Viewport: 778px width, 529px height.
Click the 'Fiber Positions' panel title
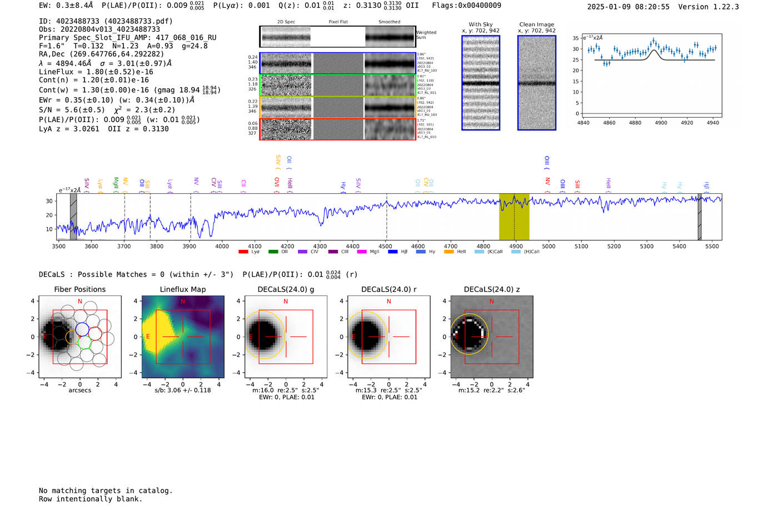click(79, 289)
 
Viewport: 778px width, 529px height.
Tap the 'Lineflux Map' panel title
click(182, 289)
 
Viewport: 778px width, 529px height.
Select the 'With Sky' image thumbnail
click(481, 83)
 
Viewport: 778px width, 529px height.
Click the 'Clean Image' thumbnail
click(537, 83)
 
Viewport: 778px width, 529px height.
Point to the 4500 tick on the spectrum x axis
click(385, 246)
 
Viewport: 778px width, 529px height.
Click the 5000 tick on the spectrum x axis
click(548, 246)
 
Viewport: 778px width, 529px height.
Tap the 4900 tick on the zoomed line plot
click(661, 123)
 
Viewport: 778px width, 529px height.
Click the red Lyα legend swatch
click(243, 252)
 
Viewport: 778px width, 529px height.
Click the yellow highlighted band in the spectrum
click(514, 216)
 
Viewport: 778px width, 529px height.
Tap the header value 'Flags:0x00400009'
click(466, 5)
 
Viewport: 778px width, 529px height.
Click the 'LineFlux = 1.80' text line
click(96, 72)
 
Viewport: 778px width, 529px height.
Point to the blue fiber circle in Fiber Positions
click(82, 328)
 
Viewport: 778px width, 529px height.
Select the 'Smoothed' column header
click(389, 22)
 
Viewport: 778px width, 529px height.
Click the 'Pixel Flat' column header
click(338, 22)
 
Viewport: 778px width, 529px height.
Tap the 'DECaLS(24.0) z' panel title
click(491, 289)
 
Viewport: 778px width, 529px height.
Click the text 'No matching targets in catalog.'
click(106, 491)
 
